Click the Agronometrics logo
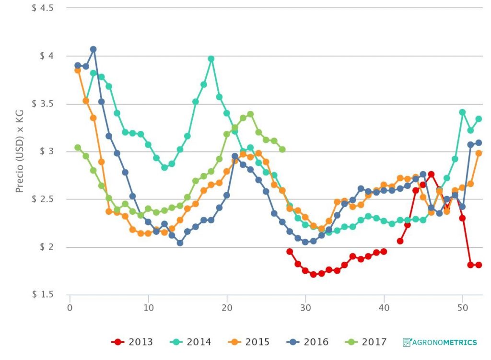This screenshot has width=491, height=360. (x=440, y=342)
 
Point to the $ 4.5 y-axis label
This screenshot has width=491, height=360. (x=42, y=8)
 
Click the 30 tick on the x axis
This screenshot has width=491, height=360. (x=305, y=306)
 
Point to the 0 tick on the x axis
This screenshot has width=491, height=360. (x=70, y=306)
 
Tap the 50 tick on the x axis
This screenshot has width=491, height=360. (x=462, y=306)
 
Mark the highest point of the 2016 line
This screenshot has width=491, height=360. (x=94, y=49)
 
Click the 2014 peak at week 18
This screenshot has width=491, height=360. (x=211, y=59)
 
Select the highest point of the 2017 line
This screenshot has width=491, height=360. (x=250, y=114)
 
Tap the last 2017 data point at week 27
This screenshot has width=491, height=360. (x=282, y=150)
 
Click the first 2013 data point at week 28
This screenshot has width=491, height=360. (x=290, y=251)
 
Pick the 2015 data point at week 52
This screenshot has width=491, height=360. (x=479, y=153)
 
